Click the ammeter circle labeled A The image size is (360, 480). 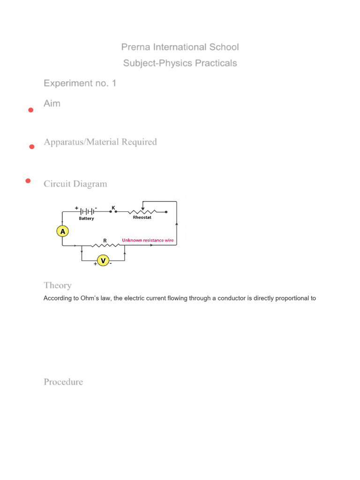pyautogui.click(x=63, y=231)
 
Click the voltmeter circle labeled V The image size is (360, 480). pyautogui.click(x=103, y=260)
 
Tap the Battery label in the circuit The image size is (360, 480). pyautogui.click(x=86, y=218)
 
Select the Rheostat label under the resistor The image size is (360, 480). pyautogui.click(x=142, y=217)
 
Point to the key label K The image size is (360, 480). pyautogui.click(x=113, y=206)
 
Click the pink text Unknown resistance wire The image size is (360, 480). pyautogui.click(x=148, y=240)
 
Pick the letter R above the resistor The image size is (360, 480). pyautogui.click(x=105, y=240)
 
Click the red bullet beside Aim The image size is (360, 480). pyautogui.click(x=30, y=110)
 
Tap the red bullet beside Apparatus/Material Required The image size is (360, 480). pyautogui.click(x=32, y=147)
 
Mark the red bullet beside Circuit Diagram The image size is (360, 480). pyautogui.click(x=28, y=181)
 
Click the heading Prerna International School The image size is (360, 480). pyautogui.click(x=180, y=47)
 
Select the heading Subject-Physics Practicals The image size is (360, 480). pyautogui.click(x=180, y=63)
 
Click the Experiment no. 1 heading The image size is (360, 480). pyautogui.click(x=80, y=83)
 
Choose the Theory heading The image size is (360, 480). pyautogui.click(x=58, y=285)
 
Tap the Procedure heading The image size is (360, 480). pyautogui.click(x=63, y=382)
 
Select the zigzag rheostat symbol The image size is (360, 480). pyautogui.click(x=142, y=211)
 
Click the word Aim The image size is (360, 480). pyautogui.click(x=52, y=104)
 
